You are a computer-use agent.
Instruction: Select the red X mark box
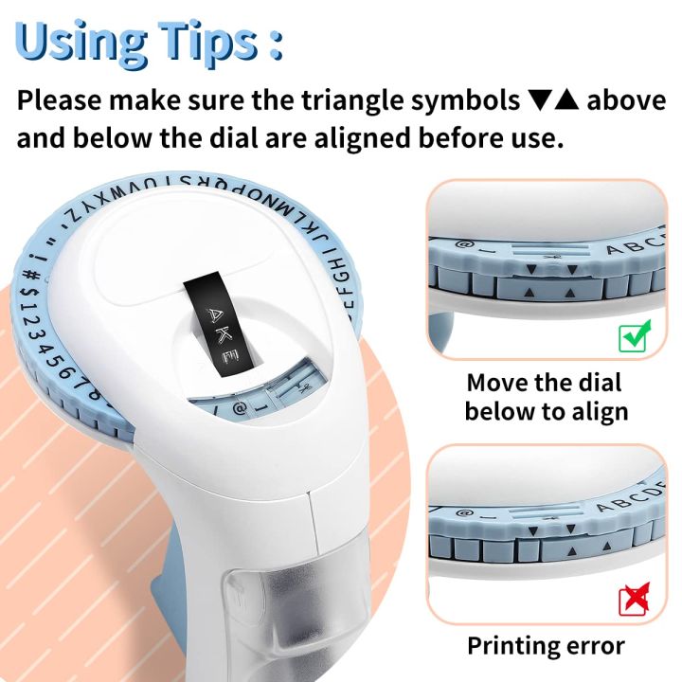(634, 601)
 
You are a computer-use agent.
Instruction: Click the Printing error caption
(545, 646)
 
